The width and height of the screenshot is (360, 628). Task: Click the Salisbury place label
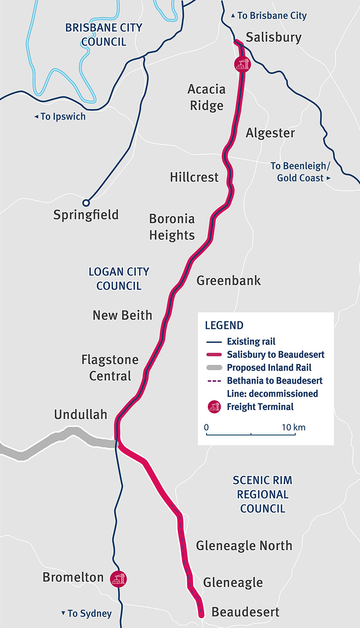tap(274, 37)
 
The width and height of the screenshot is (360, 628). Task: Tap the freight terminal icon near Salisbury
tap(242, 64)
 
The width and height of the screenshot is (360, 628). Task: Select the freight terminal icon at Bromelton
tap(119, 578)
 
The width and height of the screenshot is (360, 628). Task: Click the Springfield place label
tap(86, 215)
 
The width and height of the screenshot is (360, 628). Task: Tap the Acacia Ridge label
tap(206, 97)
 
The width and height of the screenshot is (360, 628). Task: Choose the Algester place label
tap(270, 133)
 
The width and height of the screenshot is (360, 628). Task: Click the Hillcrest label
tap(194, 177)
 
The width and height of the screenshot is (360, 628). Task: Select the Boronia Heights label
tap(172, 227)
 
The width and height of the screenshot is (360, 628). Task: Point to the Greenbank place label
tap(229, 281)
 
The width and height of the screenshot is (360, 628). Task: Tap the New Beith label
tap(122, 315)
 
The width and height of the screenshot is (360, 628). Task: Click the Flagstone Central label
tap(110, 368)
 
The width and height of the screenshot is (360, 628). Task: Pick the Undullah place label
tap(81, 414)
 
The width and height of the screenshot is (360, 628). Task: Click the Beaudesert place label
tap(245, 612)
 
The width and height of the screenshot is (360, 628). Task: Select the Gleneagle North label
tap(244, 546)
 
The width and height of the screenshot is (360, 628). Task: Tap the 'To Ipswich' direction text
tap(60, 117)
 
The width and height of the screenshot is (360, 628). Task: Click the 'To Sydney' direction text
tap(86, 614)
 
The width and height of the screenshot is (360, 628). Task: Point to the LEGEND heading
tap(224, 326)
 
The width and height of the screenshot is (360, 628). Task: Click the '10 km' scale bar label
tap(293, 427)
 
